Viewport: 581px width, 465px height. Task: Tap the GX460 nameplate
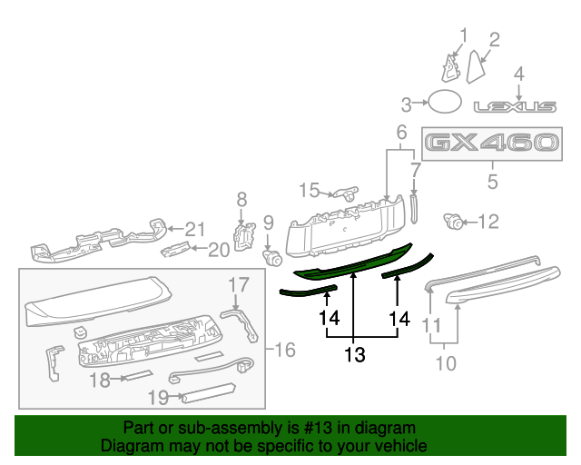coord(491,143)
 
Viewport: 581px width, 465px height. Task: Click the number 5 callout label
coord(492,182)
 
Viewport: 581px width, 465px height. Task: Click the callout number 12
coord(488,221)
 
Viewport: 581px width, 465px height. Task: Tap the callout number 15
coord(309,191)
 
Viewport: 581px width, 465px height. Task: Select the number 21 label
coord(197,229)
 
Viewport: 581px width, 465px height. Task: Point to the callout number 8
coord(241,200)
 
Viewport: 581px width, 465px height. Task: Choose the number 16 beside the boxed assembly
coord(285,350)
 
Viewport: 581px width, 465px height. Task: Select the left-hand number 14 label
coord(328,318)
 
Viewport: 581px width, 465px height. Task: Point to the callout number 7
coord(416,170)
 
